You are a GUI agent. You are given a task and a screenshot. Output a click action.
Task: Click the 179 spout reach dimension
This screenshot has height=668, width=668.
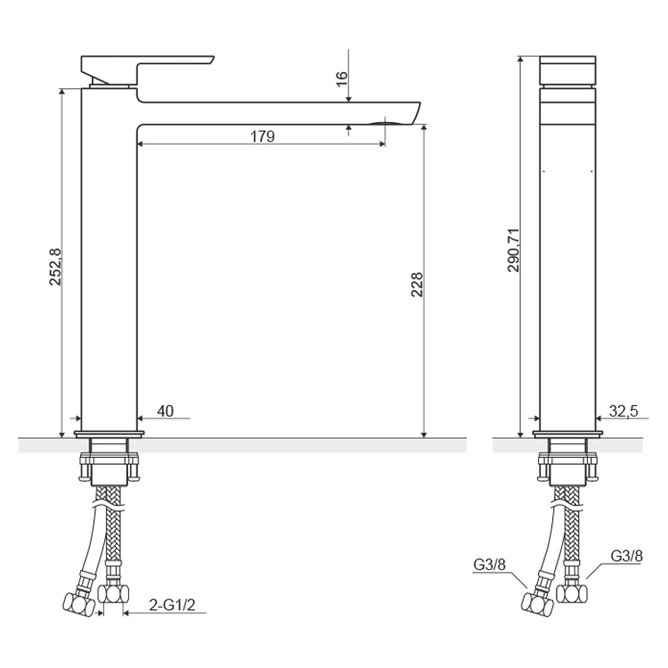pyautogui.click(x=262, y=137)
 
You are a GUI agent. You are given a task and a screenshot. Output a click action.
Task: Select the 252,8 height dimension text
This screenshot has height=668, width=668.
pyautogui.click(x=55, y=266)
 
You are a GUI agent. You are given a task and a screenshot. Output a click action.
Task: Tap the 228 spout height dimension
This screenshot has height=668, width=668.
pyautogui.click(x=417, y=284)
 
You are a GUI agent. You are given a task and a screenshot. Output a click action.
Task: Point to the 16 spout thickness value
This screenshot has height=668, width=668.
pyautogui.click(x=342, y=79)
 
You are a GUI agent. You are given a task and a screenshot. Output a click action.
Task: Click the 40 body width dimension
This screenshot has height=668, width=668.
pyautogui.click(x=166, y=411)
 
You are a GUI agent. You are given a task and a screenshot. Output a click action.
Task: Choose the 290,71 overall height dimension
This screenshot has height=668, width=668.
pyautogui.click(x=513, y=250)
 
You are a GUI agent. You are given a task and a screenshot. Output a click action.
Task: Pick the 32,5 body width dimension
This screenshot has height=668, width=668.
pyautogui.click(x=623, y=411)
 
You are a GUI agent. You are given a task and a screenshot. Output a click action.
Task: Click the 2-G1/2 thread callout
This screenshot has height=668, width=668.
pyautogui.click(x=172, y=605)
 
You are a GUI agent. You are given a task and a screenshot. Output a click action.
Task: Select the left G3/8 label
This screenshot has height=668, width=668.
pyautogui.click(x=490, y=565)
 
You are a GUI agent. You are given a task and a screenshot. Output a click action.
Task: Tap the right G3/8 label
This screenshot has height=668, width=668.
pyautogui.click(x=626, y=556)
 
